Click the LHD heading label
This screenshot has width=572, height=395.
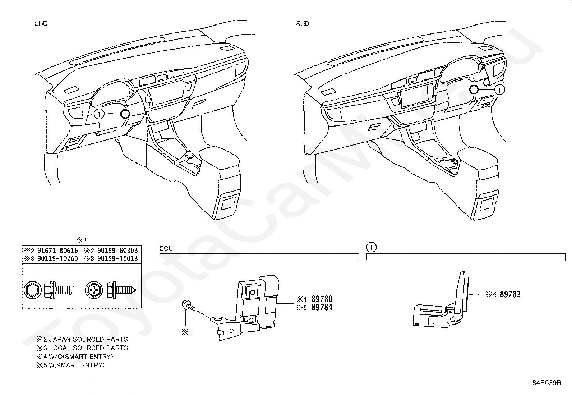click(41, 24)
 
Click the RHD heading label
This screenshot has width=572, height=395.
click(302, 24)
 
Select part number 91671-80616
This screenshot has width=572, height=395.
click(57, 251)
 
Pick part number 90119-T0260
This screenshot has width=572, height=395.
click(57, 258)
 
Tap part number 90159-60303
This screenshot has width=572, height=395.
click(117, 251)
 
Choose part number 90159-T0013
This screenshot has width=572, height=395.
click(117, 258)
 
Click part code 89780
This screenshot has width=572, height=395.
click(322, 299)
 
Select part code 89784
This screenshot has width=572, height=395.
click(322, 307)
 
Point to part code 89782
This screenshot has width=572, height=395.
click(510, 294)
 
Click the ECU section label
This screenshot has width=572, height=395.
click(166, 248)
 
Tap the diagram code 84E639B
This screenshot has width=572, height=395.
click(546, 383)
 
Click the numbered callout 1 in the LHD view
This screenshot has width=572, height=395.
click(100, 114)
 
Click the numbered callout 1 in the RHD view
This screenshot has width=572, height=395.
click(500, 89)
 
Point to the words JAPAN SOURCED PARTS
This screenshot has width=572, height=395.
click(88, 339)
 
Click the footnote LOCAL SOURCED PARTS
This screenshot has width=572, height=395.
click(88, 348)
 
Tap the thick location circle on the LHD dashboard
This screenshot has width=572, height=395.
click(125, 114)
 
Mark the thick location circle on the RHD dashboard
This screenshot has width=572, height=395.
click(474, 89)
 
